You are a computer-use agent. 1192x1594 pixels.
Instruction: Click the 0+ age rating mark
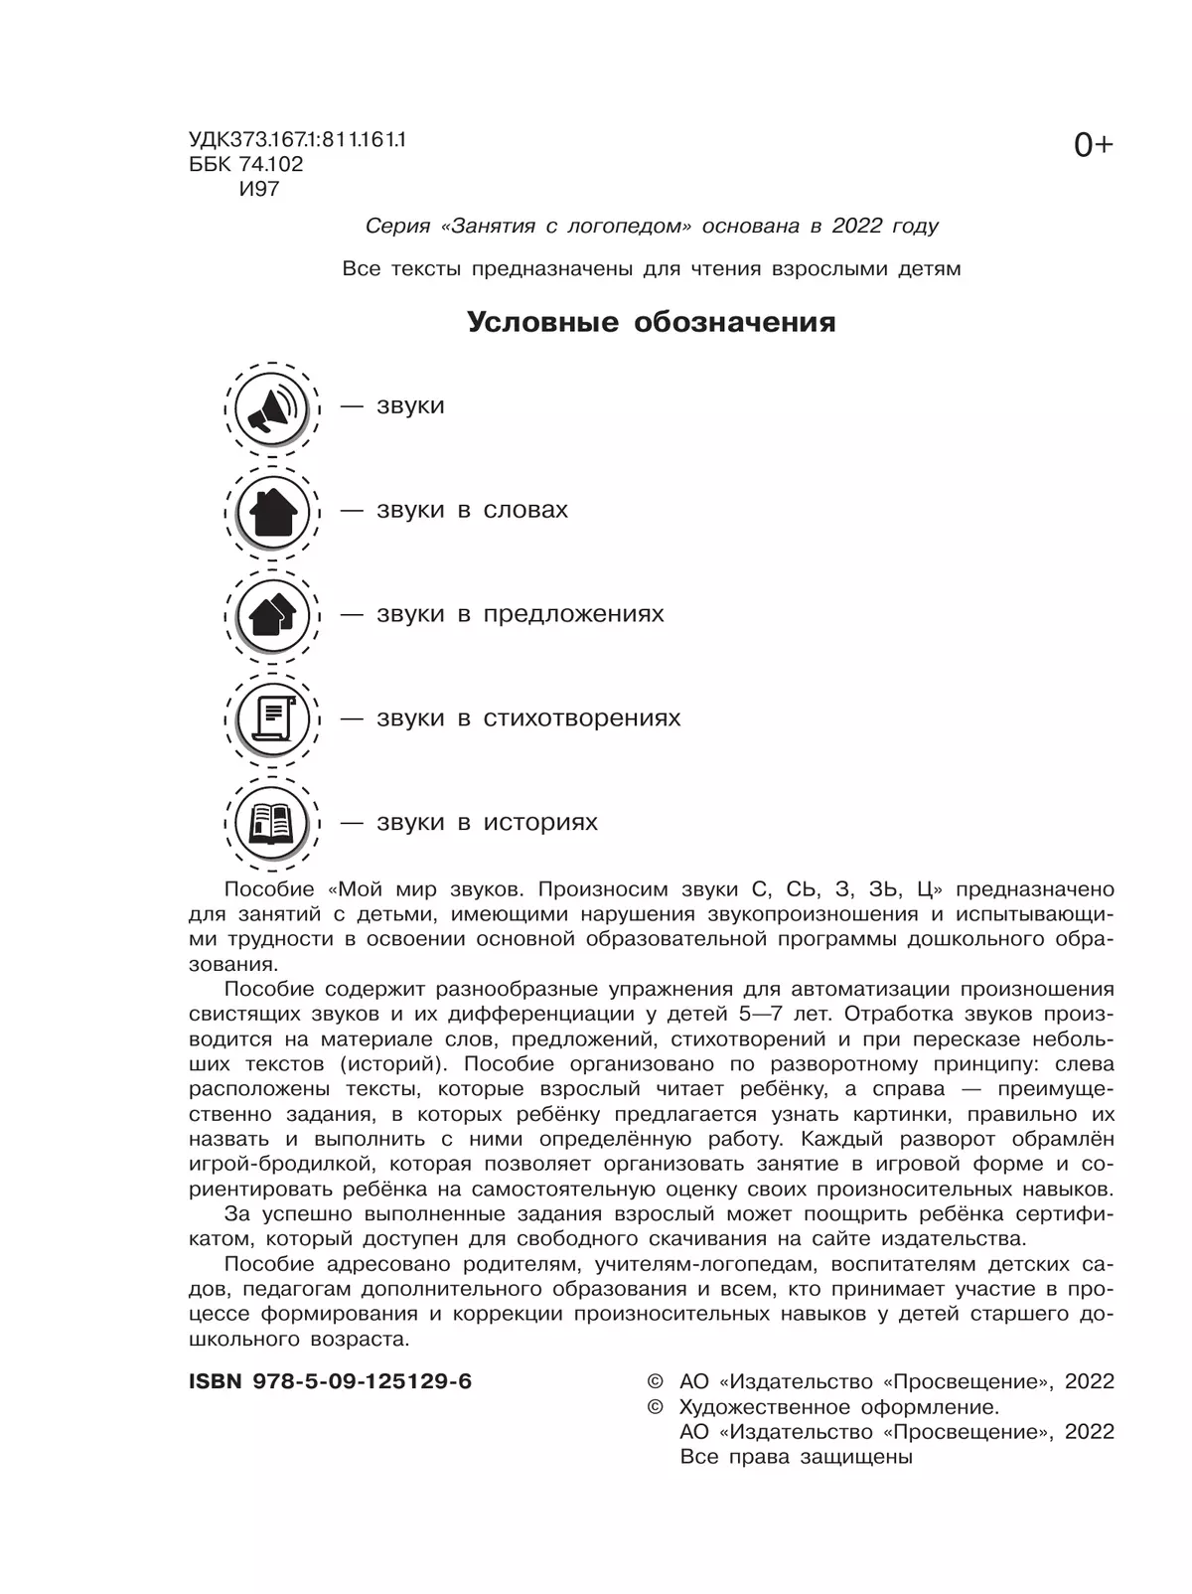tap(1093, 146)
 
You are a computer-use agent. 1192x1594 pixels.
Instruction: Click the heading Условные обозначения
tap(651, 322)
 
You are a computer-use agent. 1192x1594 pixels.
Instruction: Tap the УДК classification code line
tap(297, 140)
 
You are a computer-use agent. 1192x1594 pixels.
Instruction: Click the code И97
tap(259, 189)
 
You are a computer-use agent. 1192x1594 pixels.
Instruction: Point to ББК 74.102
tap(245, 164)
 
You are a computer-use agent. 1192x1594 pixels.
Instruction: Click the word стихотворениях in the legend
tap(581, 718)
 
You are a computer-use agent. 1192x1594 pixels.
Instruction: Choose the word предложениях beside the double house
tap(573, 614)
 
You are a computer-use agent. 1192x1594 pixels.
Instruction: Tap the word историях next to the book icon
tap(540, 823)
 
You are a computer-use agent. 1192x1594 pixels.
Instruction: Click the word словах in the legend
tap(525, 510)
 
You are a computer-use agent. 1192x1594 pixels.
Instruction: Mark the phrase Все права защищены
tap(796, 1457)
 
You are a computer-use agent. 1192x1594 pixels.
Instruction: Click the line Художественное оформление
tap(838, 1407)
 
